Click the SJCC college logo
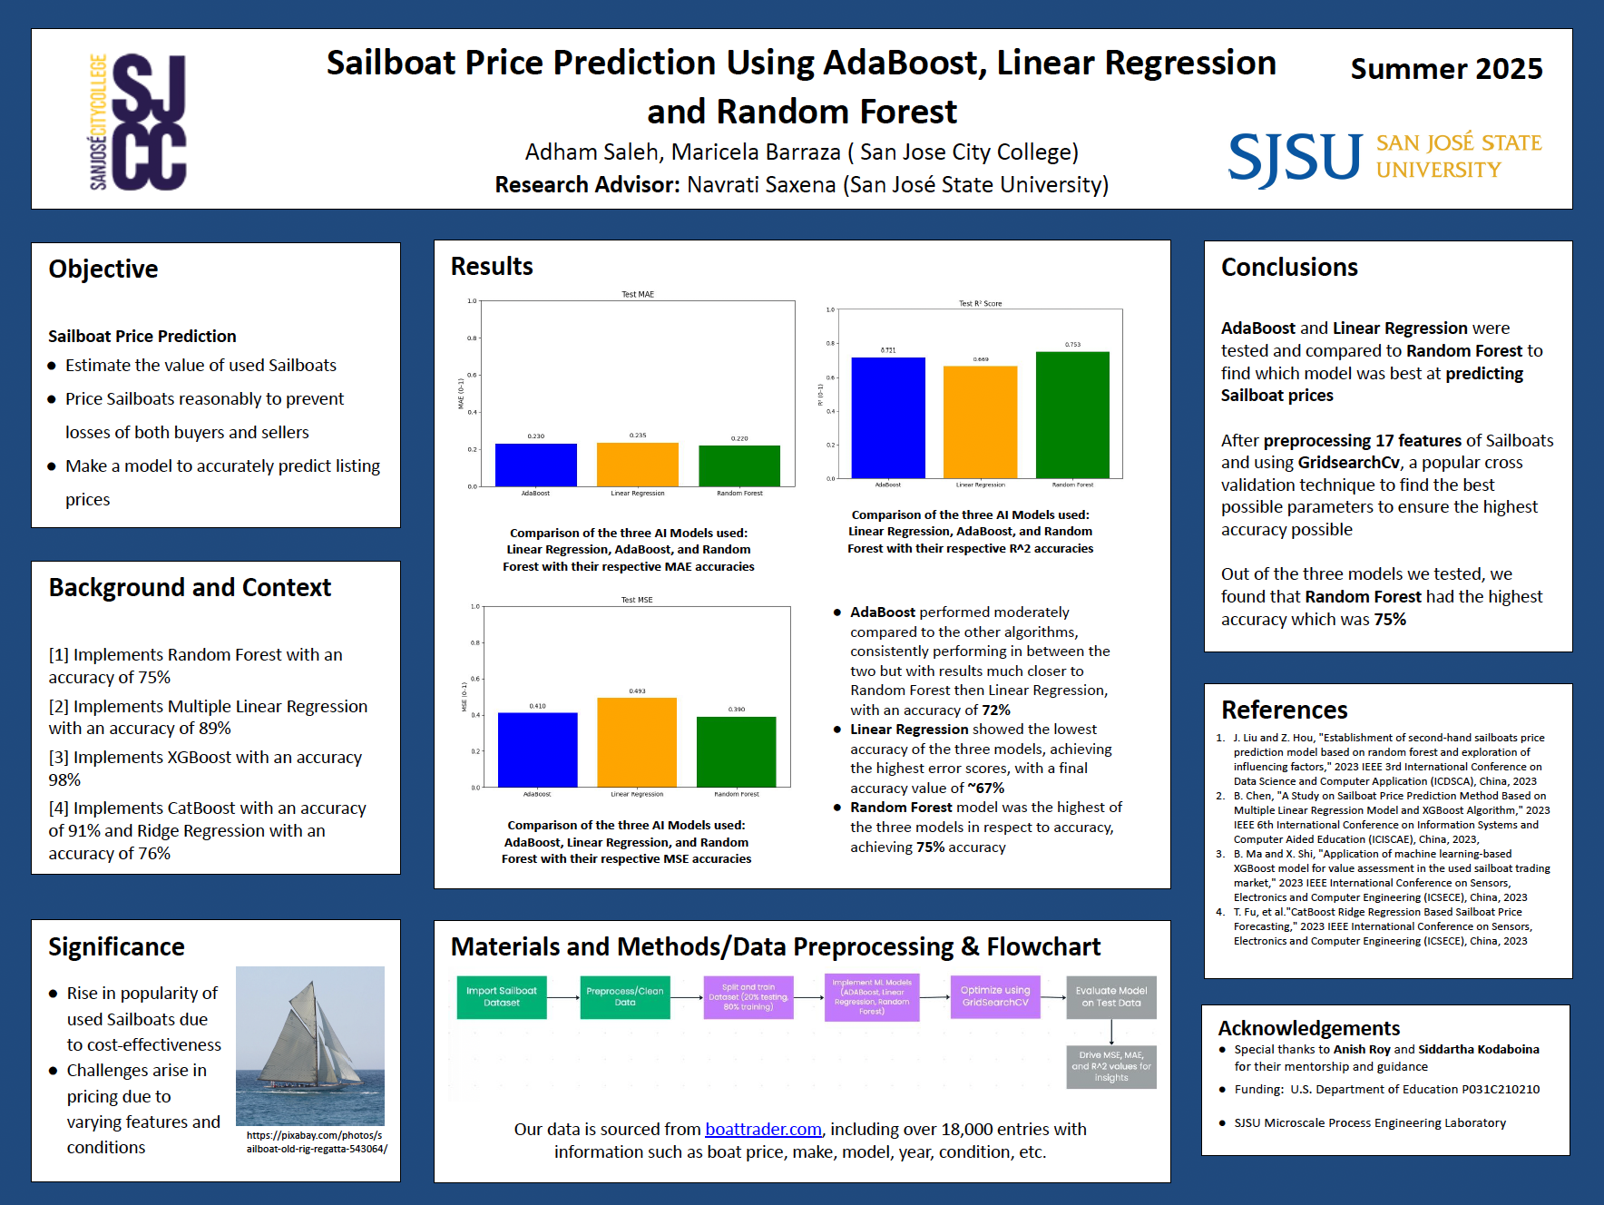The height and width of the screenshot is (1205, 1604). point(138,121)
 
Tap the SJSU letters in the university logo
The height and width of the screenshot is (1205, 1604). point(1295,158)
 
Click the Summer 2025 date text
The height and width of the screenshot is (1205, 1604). point(1446,69)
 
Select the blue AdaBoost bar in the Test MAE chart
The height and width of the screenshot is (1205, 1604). point(535,465)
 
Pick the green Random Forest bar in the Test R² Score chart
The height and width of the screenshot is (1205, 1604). point(1072,415)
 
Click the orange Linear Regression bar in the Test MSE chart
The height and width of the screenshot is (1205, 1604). point(637,741)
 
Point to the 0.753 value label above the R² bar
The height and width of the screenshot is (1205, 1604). point(1072,345)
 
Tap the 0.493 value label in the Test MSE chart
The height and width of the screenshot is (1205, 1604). point(637,691)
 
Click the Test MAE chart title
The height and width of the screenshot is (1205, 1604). point(638,295)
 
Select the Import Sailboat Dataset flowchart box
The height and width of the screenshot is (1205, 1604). point(502,997)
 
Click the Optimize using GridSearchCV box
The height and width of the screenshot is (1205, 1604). point(995,997)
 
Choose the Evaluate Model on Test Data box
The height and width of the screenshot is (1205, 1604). point(1111,997)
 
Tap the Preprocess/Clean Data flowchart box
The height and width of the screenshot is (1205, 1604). point(625,997)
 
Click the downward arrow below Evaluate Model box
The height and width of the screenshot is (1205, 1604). point(1111,1033)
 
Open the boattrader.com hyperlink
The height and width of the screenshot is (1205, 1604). point(763,1130)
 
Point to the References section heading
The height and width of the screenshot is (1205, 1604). point(1284,710)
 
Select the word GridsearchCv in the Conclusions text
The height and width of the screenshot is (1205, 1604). point(1348,463)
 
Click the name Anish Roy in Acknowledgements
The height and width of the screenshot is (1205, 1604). point(1362,1050)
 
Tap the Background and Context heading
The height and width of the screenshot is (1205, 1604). point(190,588)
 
